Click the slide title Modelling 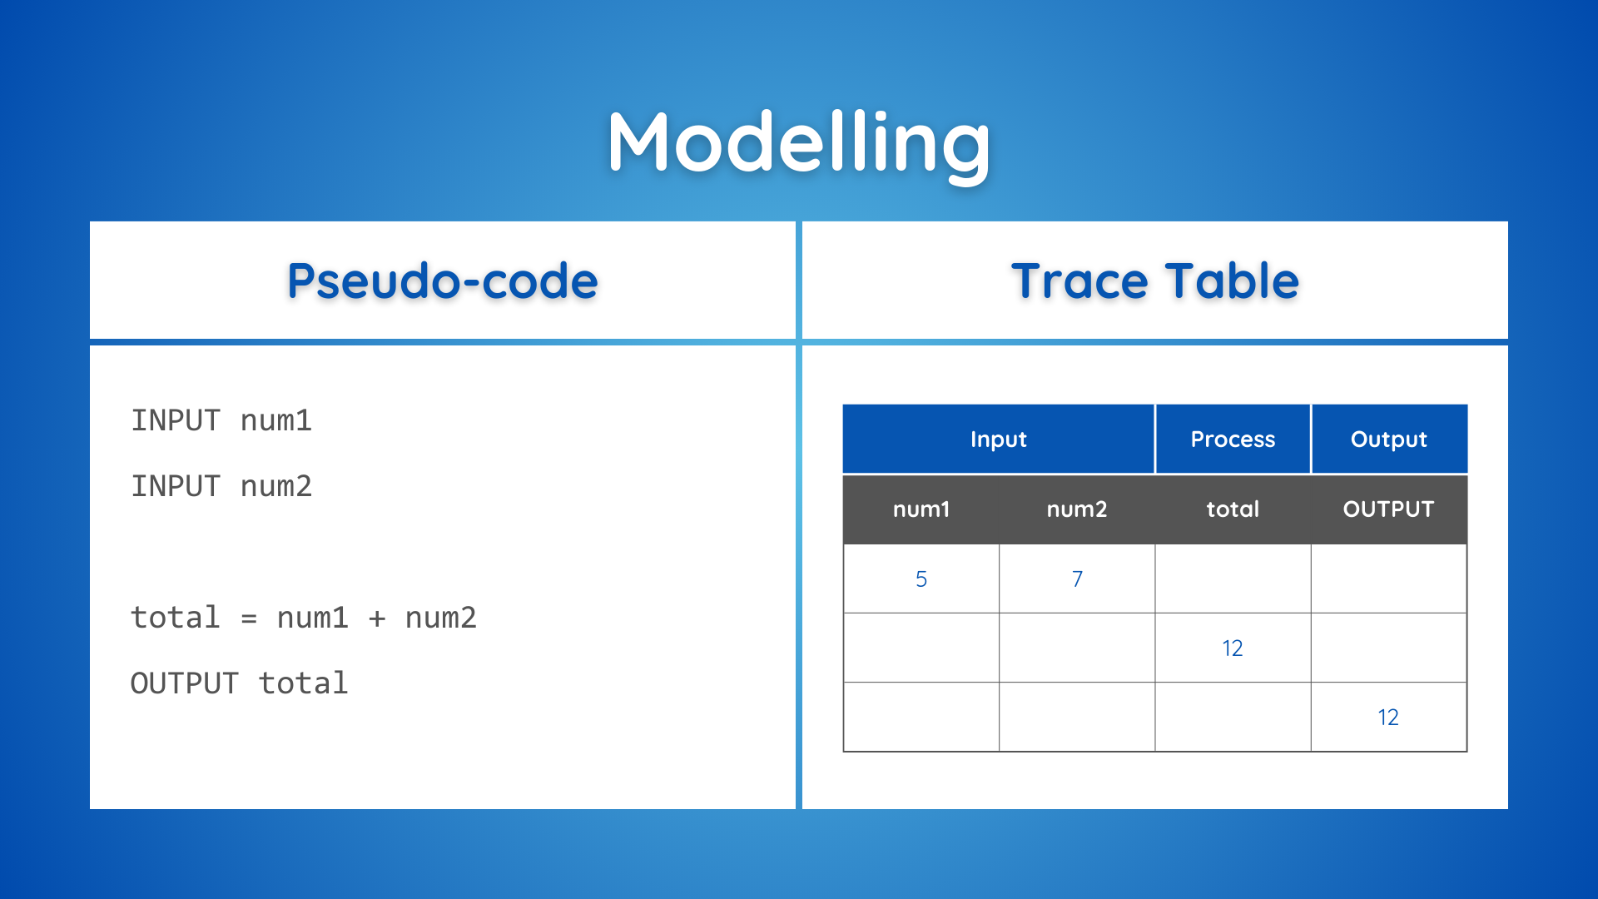point(799,143)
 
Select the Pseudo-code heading point(443,281)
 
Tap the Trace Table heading point(1155,281)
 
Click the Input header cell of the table point(999,439)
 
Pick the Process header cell point(1233,439)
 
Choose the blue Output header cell point(1389,439)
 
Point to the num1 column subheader point(921,509)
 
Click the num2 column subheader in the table point(1077,509)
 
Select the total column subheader point(1233,509)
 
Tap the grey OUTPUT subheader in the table point(1388,509)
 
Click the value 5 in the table point(921,579)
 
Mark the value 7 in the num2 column point(1077,579)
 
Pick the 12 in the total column point(1233,648)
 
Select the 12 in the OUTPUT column point(1388,718)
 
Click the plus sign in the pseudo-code point(377,618)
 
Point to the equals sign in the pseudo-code point(249,618)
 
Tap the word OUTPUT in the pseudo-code point(185,683)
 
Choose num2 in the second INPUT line point(276,486)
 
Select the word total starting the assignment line point(176,618)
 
